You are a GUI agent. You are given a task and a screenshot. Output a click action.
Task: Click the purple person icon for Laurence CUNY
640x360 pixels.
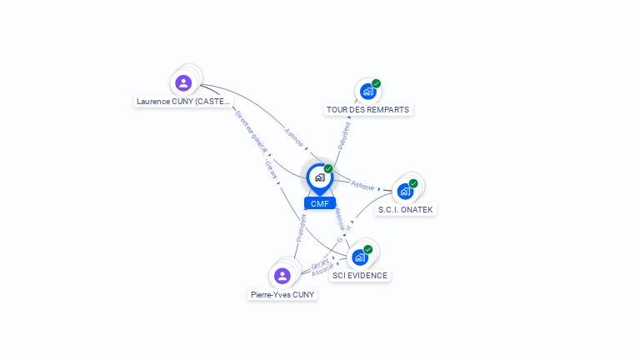(x=183, y=82)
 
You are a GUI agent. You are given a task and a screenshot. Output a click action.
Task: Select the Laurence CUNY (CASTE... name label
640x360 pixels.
(x=183, y=102)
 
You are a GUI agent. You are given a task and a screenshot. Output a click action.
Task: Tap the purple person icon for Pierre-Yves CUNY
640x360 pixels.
(x=282, y=276)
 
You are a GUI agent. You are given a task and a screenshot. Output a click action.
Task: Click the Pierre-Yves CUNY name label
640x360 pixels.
(x=282, y=294)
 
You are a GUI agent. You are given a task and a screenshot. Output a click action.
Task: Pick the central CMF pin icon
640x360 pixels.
(x=319, y=177)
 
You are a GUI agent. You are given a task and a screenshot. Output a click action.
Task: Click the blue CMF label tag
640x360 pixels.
(x=319, y=203)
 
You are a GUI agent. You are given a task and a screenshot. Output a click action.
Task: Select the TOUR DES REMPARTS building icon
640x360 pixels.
(x=367, y=92)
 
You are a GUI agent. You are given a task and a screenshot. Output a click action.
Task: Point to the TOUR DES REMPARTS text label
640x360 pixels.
(x=368, y=110)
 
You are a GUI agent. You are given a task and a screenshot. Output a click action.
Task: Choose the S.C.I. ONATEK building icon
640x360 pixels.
(x=405, y=191)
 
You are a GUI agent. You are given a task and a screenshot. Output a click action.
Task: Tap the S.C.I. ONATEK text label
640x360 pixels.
(x=406, y=210)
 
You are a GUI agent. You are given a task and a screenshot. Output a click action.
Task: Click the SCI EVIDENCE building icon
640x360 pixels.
(x=360, y=257)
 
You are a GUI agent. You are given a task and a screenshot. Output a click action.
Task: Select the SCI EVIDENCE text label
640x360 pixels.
(x=360, y=276)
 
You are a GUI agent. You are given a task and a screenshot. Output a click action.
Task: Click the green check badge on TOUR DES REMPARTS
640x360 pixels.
(x=376, y=83)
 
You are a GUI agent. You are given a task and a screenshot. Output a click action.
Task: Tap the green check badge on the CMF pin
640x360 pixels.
(x=328, y=168)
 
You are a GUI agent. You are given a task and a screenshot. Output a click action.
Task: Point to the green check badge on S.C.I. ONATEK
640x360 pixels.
(x=413, y=183)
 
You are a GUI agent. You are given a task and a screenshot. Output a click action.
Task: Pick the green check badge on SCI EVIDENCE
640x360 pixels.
(x=368, y=249)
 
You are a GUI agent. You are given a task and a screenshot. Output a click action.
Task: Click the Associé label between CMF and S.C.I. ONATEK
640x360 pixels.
(x=362, y=185)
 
